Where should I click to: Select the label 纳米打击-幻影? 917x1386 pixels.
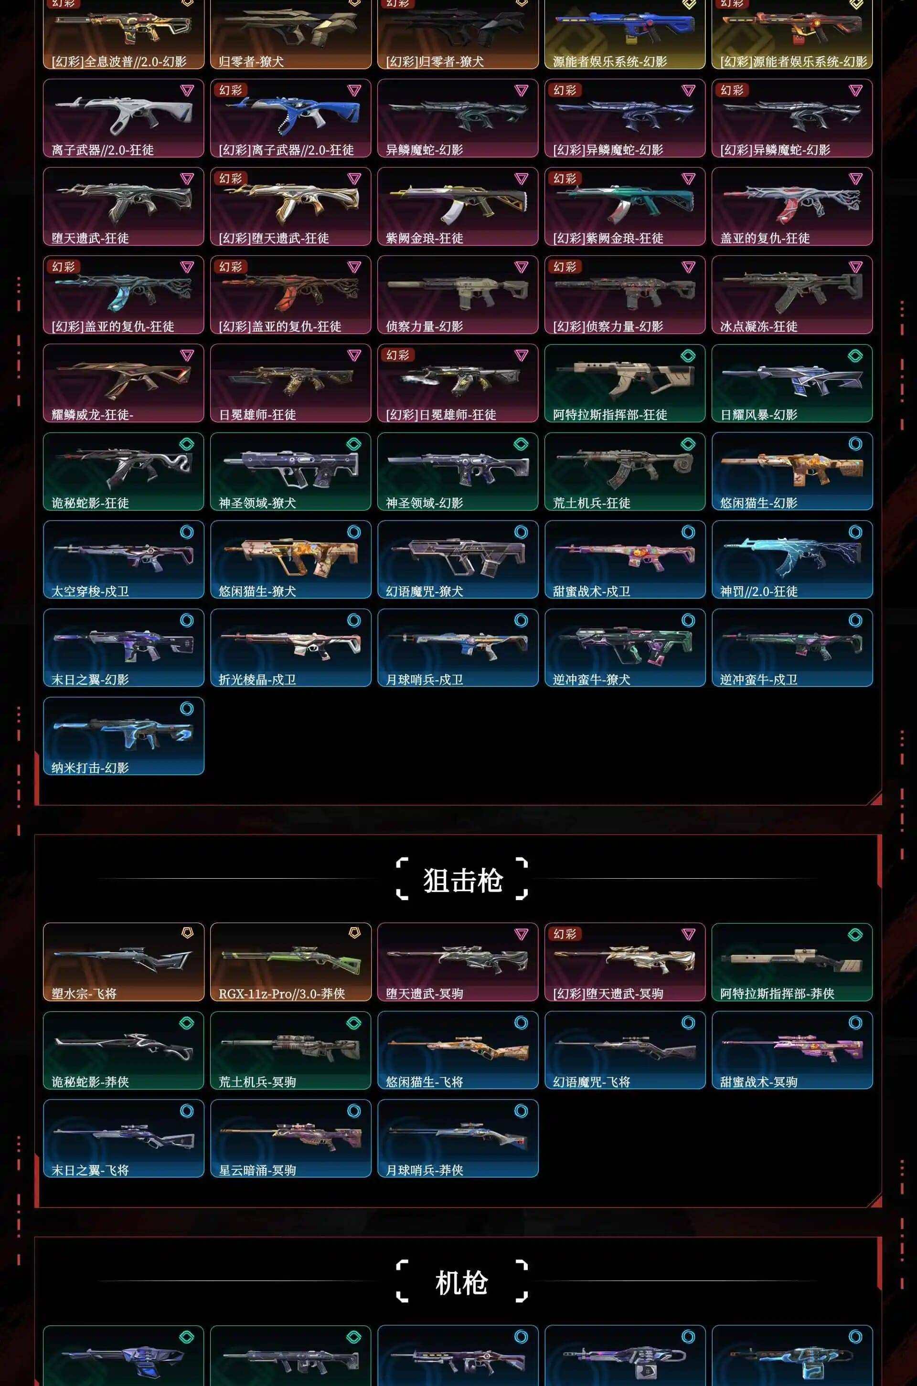point(90,767)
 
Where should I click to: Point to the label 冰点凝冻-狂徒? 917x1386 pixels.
point(758,326)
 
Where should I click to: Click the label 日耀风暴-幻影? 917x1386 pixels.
point(758,414)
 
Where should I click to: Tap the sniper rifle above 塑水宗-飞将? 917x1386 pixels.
point(123,958)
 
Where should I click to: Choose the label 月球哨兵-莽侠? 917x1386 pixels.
point(425,1170)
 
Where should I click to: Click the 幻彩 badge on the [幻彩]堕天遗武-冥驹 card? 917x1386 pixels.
point(565,934)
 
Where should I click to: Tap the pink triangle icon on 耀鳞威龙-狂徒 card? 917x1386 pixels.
point(187,355)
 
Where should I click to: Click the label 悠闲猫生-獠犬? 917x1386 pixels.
point(257,591)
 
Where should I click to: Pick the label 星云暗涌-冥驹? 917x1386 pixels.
point(257,1170)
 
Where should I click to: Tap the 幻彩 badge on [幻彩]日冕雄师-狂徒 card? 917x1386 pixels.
point(398,355)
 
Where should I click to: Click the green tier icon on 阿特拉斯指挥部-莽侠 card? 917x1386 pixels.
point(855,934)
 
